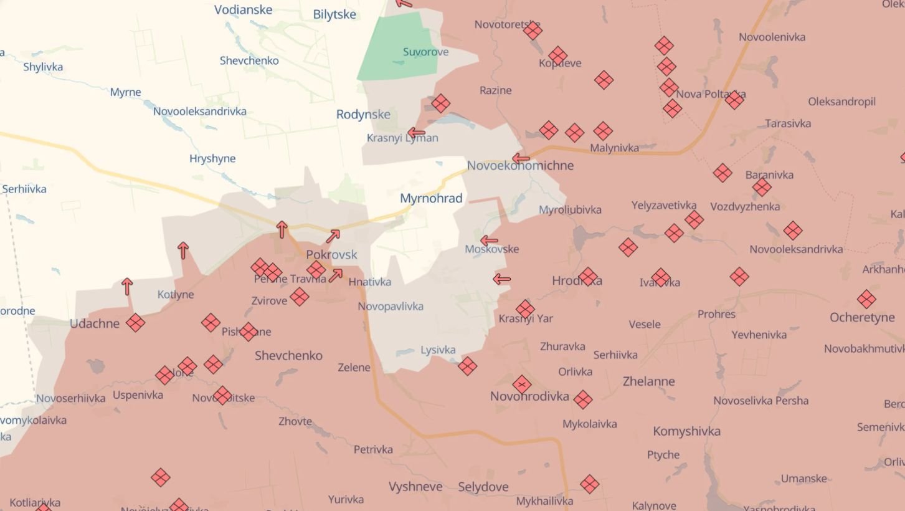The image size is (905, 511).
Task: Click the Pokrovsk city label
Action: point(331,254)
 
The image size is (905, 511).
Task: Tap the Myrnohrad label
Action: point(431,199)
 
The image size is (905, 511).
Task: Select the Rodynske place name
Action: point(363,115)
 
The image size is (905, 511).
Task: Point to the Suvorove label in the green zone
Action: point(425,52)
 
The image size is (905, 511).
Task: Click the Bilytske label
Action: point(334,14)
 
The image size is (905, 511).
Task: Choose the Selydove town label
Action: point(483,487)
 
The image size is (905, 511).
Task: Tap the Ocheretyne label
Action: point(862,318)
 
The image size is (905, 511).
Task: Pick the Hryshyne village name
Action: point(212,158)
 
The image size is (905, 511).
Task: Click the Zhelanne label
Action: point(648,381)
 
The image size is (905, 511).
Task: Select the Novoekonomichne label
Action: point(520,166)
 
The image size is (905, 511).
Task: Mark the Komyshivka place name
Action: point(686,431)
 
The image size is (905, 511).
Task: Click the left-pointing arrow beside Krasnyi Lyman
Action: point(415,133)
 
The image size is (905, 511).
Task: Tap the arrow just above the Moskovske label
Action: point(489,240)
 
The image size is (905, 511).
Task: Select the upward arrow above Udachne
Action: point(127,286)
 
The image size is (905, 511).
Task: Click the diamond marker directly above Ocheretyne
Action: point(866,299)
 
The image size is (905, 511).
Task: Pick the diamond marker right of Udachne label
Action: point(135,323)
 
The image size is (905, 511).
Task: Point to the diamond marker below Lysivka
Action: point(467,366)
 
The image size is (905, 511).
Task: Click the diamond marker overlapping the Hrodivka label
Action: point(587,277)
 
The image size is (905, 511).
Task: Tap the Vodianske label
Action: point(243,9)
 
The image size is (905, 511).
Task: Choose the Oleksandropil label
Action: point(841,102)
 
